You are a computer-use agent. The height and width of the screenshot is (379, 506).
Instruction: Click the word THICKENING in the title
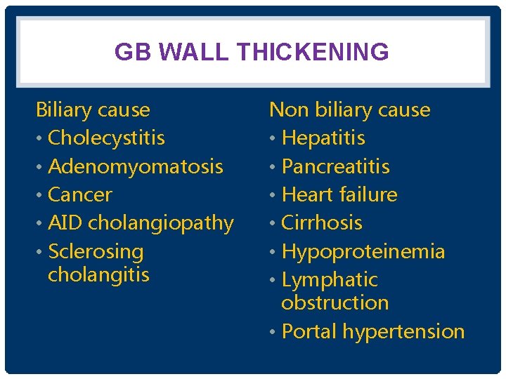click(313, 52)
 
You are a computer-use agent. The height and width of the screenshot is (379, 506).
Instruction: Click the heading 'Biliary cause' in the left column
click(93, 110)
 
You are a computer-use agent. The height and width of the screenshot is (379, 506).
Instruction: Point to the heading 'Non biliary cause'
click(349, 110)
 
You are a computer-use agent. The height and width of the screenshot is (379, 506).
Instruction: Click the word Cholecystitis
click(106, 138)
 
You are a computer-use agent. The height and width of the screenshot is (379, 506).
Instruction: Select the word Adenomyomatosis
click(136, 166)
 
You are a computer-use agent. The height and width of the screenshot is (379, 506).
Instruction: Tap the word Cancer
click(80, 194)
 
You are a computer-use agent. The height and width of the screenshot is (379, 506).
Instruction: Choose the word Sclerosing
click(96, 251)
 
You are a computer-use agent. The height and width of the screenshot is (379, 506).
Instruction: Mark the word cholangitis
click(98, 274)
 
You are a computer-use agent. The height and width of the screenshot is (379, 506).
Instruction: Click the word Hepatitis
click(323, 138)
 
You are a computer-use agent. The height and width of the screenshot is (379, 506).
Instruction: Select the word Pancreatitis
click(335, 166)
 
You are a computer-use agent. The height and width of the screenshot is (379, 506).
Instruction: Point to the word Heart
click(307, 194)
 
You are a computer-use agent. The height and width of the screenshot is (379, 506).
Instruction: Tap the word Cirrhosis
click(322, 223)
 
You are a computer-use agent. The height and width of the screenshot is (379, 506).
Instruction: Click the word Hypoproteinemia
click(363, 251)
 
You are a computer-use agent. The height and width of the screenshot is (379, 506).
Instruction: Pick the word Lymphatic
click(330, 279)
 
